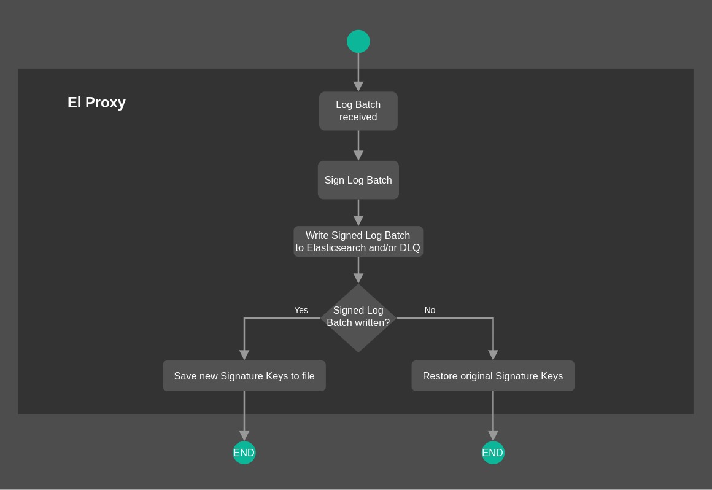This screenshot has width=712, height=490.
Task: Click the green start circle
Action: (358, 42)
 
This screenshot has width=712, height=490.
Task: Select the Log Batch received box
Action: (358, 111)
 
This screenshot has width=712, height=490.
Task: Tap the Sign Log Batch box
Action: (358, 180)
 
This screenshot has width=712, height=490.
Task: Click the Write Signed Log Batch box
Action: (358, 241)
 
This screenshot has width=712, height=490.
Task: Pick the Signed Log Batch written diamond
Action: (358, 317)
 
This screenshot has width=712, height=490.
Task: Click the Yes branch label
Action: (301, 310)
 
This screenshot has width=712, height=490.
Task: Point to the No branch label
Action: (430, 310)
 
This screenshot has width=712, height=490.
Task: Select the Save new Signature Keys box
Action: (244, 376)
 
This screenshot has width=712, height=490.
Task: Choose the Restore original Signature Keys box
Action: (493, 376)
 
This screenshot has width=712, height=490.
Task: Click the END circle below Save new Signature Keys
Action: (244, 453)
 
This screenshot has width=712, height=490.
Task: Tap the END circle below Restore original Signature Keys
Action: (493, 453)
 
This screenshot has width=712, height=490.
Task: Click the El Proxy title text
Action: (96, 103)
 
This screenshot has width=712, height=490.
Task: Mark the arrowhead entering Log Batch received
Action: (358, 87)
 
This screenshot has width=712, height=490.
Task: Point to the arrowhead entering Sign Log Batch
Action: (358, 155)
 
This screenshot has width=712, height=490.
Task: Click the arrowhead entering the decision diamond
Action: (358, 278)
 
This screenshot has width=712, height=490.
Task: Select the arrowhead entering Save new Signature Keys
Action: (244, 355)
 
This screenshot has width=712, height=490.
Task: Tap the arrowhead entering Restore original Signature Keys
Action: (493, 355)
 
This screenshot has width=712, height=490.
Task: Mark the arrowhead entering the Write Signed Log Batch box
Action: (358, 220)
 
